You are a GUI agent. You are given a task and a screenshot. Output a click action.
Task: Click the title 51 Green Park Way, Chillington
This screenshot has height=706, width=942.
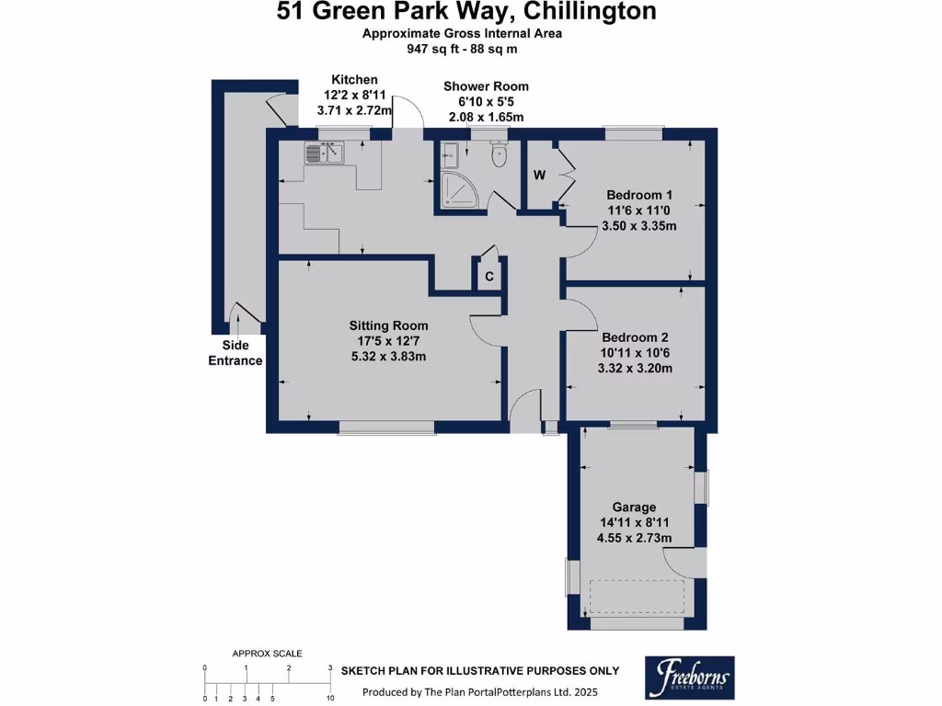coord(467,12)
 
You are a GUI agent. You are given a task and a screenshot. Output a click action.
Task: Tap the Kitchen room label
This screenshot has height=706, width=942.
coord(354,80)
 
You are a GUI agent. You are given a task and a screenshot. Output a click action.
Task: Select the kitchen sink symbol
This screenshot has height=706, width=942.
coord(325,153)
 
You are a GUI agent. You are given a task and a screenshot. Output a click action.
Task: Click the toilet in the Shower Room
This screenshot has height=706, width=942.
coord(500,155)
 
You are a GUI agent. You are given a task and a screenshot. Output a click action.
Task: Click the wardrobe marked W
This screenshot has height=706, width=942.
coord(538,175)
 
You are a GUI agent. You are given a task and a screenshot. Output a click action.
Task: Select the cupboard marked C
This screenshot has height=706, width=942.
coord(489,276)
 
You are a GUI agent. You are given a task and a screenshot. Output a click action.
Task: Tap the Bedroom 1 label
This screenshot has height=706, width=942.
coord(639,195)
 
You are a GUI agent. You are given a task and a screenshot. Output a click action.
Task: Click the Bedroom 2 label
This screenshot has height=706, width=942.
coord(636,337)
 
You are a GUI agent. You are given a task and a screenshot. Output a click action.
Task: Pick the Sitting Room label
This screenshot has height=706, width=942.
coord(388,325)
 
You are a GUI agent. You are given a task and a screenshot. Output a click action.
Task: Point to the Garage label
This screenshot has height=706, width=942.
coord(634,507)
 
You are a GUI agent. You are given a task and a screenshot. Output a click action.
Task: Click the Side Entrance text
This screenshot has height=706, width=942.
coord(235,353)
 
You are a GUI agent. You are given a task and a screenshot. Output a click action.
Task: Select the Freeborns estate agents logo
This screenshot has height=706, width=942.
coord(689,678)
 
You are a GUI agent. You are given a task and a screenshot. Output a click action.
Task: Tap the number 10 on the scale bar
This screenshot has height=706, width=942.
coord(329,700)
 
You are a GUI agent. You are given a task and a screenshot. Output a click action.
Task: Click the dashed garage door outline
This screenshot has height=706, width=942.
coord(636,598)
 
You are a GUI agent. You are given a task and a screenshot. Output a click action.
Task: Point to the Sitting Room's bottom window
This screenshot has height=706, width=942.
coord(385,427)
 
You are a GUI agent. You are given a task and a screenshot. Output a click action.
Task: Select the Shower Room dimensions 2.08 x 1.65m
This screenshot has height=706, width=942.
coord(486,117)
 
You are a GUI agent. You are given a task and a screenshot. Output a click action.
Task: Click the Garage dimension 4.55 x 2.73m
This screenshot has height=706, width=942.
coord(634,538)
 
